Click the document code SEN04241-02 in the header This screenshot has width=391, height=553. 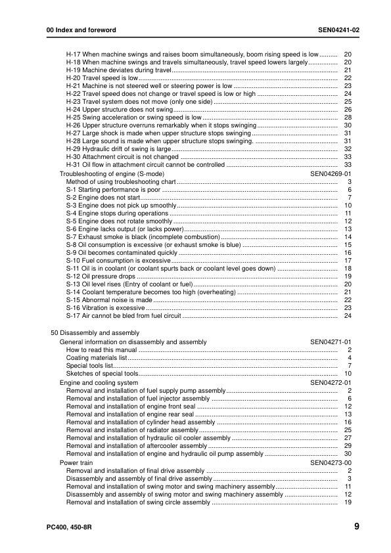pos(338,30)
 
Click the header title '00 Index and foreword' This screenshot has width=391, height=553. pos(81,30)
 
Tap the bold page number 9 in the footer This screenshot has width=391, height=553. pos(356,526)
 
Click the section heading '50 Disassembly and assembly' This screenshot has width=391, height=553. pos(90,333)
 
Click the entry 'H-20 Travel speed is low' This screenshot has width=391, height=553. pos(102,77)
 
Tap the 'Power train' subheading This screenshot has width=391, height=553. pos(76,462)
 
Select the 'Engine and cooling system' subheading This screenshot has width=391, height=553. pos(99,382)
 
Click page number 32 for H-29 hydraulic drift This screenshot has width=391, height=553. pos(348,149)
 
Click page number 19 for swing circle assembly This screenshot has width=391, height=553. pos(348,502)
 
